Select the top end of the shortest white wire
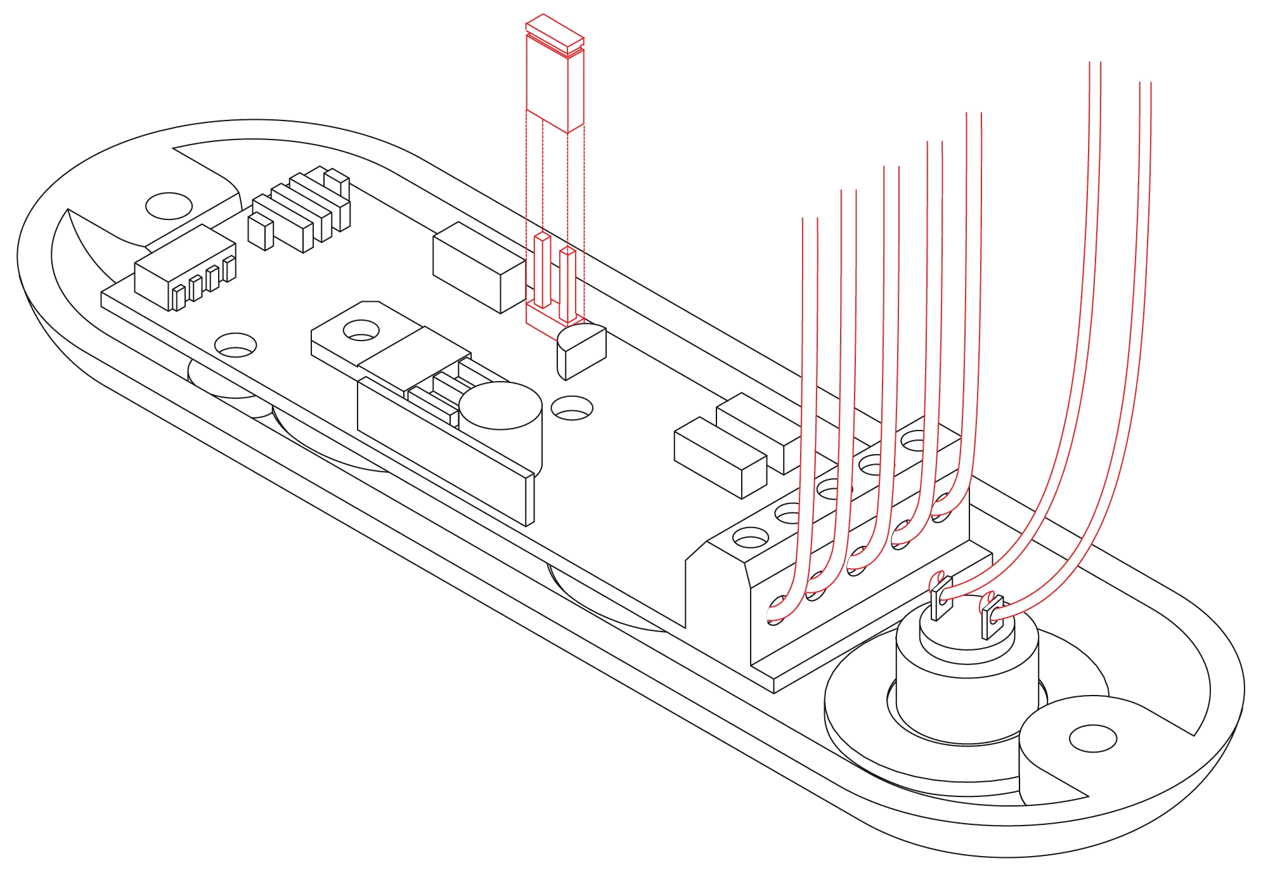pyautogui.click(x=810, y=219)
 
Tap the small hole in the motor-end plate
pyautogui.click(x=1092, y=736)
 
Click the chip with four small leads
pyautogui.click(x=184, y=266)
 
